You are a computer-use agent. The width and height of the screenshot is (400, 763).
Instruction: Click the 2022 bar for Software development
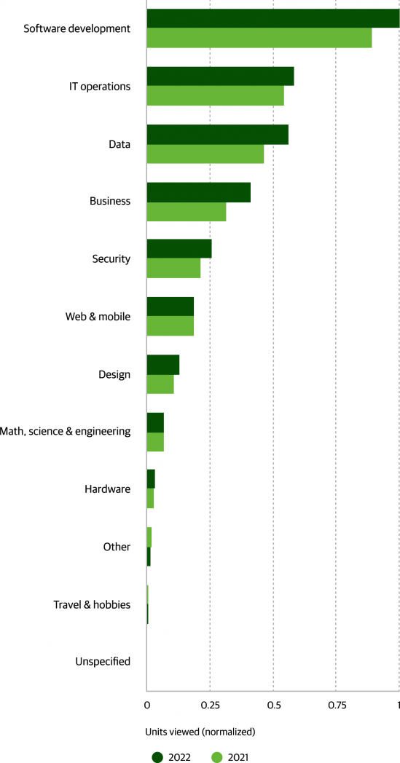pyautogui.click(x=273, y=18)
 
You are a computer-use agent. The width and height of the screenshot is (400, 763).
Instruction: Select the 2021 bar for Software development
pyautogui.click(x=259, y=38)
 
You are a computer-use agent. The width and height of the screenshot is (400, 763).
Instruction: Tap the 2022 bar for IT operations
pyautogui.click(x=220, y=76)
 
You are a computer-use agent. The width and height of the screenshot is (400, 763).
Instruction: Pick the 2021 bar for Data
pyautogui.click(x=205, y=154)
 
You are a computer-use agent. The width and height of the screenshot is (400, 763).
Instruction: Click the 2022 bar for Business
pyautogui.click(x=199, y=191)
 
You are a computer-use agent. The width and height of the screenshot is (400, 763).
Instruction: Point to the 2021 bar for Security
pyautogui.click(x=173, y=269)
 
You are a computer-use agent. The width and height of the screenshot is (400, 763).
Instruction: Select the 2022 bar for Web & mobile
pyautogui.click(x=170, y=307)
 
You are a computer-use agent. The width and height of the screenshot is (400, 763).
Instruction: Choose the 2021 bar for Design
pyautogui.click(x=160, y=384)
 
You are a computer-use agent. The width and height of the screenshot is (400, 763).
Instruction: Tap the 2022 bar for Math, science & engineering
pyautogui.click(x=155, y=422)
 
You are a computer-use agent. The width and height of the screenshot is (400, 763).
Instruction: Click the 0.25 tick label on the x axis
pyautogui.click(x=210, y=705)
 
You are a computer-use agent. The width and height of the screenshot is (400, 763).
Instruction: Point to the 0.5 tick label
pyautogui.click(x=273, y=705)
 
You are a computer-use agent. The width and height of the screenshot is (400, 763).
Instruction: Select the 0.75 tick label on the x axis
pyautogui.click(x=336, y=705)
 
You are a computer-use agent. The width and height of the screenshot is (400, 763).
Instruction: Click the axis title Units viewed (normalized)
pyautogui.click(x=200, y=732)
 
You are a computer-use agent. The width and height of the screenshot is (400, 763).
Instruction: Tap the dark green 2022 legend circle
pyautogui.click(x=157, y=756)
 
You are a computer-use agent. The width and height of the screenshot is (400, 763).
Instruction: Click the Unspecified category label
pyautogui.click(x=103, y=662)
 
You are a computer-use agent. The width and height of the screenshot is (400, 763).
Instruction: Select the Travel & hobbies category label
pyautogui.click(x=92, y=605)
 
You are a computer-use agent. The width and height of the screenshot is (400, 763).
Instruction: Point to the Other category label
pyautogui.click(x=117, y=547)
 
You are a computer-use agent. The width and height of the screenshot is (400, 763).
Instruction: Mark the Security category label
pyautogui.click(x=111, y=259)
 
